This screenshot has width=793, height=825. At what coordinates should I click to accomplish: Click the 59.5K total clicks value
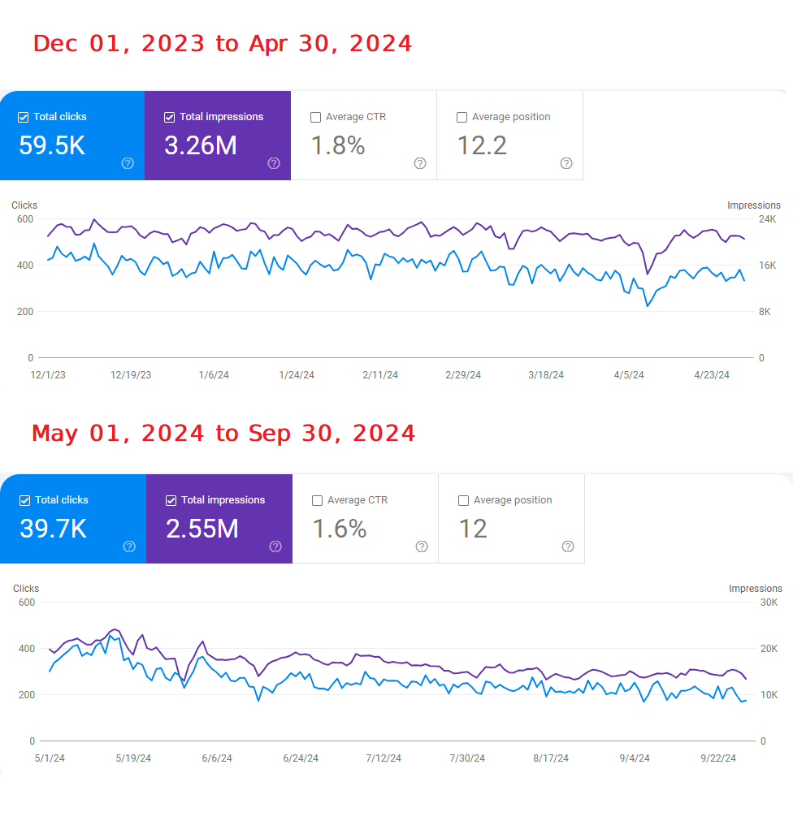[51, 145]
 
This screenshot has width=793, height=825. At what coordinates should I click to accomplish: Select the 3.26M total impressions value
[201, 145]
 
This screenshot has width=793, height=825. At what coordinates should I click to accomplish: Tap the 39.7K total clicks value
[53, 529]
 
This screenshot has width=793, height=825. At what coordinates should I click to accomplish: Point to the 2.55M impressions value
[202, 529]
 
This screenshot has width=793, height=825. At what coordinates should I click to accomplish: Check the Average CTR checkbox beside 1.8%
[316, 117]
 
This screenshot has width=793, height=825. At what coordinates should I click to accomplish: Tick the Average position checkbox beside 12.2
[462, 117]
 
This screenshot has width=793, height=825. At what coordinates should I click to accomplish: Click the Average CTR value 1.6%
[340, 529]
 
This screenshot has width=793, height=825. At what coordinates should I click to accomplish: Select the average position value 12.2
[482, 145]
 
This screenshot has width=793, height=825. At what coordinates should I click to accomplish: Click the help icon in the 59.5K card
[128, 163]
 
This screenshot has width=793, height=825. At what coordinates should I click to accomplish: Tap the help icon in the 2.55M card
[275, 546]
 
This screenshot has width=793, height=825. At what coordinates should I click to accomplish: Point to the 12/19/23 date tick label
[131, 375]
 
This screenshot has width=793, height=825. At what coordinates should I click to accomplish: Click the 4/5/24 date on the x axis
[629, 375]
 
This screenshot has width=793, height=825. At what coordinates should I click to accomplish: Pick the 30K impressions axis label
[769, 603]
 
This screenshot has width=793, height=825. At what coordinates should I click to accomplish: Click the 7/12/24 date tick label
[383, 758]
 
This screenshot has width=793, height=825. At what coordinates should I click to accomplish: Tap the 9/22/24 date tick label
[719, 758]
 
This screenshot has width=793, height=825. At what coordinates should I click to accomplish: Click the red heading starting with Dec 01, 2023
[223, 44]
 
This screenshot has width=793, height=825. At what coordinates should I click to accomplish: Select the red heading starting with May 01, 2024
[223, 434]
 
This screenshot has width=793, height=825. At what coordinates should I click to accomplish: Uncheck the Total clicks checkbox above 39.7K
[25, 500]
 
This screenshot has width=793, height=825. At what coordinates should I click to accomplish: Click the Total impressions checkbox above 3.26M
[170, 117]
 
